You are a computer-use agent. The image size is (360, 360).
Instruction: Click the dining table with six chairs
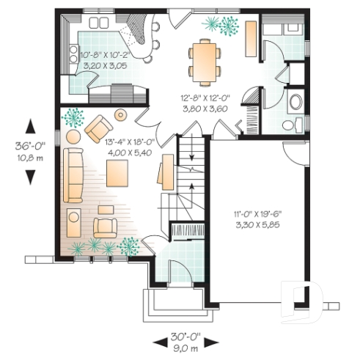click(203, 61)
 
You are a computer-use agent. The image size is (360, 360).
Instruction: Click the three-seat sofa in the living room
click(73, 175)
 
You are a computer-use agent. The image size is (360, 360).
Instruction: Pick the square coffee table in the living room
click(118, 173)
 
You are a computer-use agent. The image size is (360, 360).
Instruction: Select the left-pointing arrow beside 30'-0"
click(159, 342)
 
